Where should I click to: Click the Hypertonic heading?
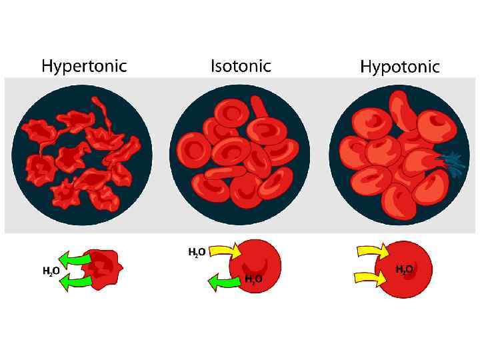[x=84, y=66]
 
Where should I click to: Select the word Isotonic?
[x=241, y=65]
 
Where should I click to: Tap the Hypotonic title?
[x=400, y=67]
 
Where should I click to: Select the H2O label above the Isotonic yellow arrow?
[x=197, y=252]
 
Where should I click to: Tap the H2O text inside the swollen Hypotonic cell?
[x=404, y=269]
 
